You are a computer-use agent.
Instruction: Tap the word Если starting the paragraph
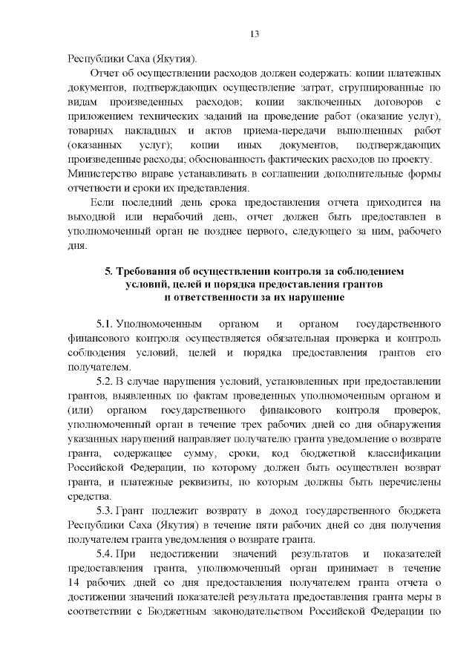[x=101, y=202]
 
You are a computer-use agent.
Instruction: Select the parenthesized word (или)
[x=80, y=411]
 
